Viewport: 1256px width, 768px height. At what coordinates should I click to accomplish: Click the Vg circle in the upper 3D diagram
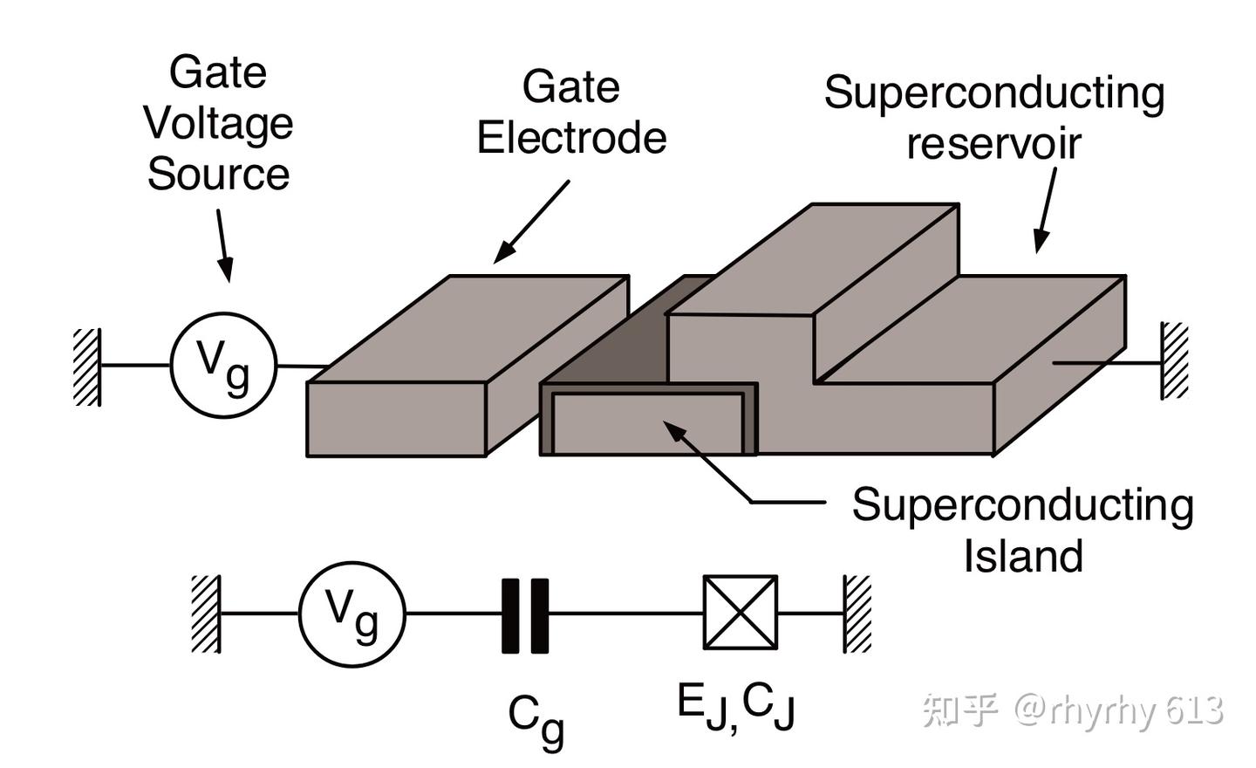223,365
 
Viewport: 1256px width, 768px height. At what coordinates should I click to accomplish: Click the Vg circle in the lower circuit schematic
352,614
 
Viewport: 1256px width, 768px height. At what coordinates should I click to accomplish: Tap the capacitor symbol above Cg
525,615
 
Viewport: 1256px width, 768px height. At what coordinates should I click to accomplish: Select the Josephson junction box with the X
741,613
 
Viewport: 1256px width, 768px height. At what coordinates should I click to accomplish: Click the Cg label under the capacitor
536,720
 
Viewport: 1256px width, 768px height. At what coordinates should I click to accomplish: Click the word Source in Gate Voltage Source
218,174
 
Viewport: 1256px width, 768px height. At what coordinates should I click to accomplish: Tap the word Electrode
571,138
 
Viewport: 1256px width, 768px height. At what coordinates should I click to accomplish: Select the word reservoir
993,144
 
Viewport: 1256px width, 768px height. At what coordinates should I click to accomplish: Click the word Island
1023,556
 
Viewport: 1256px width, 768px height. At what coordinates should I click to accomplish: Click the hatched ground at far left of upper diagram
87,367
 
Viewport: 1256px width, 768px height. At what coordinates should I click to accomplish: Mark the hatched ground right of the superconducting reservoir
1174,361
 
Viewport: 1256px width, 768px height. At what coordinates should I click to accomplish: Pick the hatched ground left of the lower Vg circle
206,614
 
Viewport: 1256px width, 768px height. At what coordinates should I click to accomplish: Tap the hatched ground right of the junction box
857,614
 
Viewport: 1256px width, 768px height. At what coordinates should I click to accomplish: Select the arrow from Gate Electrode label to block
531,222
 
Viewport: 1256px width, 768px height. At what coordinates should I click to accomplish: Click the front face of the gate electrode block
396,419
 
